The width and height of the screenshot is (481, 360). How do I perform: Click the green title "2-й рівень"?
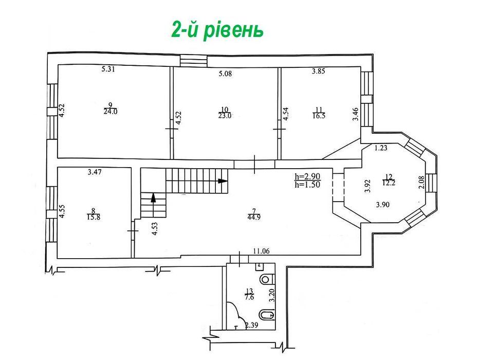[217, 29]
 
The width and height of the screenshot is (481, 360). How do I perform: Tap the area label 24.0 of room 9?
[110, 112]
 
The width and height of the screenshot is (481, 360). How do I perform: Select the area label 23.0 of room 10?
[225, 116]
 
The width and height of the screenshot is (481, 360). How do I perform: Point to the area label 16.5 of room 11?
[319, 116]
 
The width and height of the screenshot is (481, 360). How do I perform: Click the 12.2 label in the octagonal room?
[388, 183]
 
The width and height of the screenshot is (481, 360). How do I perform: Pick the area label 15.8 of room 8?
[94, 217]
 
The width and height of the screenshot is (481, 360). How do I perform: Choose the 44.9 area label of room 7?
[254, 218]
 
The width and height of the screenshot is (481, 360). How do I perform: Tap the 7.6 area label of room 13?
[249, 297]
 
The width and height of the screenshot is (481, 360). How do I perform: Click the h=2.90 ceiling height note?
[307, 177]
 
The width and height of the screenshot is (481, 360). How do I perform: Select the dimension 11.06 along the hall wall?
[261, 251]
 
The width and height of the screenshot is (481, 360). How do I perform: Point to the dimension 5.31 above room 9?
[108, 69]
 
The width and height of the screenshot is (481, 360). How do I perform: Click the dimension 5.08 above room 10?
[225, 74]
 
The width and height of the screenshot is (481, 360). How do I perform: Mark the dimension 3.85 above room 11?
[319, 71]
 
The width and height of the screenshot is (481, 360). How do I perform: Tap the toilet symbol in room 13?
[266, 279]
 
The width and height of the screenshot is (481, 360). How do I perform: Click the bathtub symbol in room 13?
[267, 315]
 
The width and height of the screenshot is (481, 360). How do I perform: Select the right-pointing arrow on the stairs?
[223, 181]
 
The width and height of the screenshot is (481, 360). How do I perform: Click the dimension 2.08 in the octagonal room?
[421, 182]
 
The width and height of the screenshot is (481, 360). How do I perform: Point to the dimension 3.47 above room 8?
[95, 172]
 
